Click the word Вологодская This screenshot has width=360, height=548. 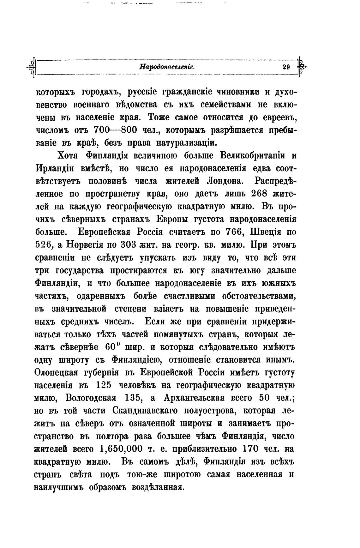[91, 398]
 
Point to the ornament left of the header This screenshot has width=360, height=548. [33, 67]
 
